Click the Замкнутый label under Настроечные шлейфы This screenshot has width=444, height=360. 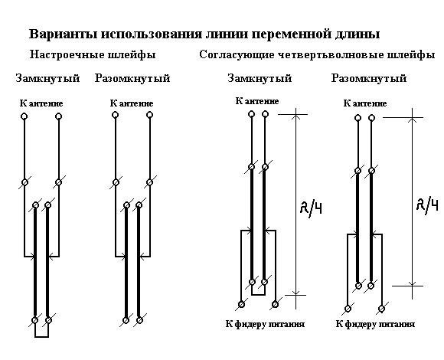pyautogui.click(x=47, y=78)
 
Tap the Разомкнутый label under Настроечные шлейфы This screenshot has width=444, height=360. pyautogui.click(x=132, y=78)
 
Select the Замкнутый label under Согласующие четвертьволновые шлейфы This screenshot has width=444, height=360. pyautogui.click(x=260, y=78)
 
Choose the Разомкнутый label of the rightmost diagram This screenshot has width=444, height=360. pyautogui.click(x=369, y=78)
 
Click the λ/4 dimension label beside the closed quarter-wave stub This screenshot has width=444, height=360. pyautogui.click(x=311, y=208)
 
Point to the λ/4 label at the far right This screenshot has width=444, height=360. pyautogui.click(x=428, y=205)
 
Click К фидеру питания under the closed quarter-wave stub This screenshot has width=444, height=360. pyautogui.click(x=265, y=324)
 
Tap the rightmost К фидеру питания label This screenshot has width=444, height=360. pyautogui.click(x=375, y=324)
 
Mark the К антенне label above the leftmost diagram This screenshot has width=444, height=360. pyautogui.click(x=41, y=103)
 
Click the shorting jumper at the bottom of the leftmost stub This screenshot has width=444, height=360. pyautogui.click(x=41, y=337)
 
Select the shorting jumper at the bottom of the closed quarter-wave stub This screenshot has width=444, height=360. pyautogui.click(x=258, y=295)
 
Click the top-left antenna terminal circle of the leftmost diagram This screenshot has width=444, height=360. pyautogui.click(x=24, y=116)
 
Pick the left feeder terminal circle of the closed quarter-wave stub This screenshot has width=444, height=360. pyautogui.click(x=241, y=305)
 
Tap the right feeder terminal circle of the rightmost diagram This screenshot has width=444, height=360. pyautogui.click(x=382, y=309)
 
